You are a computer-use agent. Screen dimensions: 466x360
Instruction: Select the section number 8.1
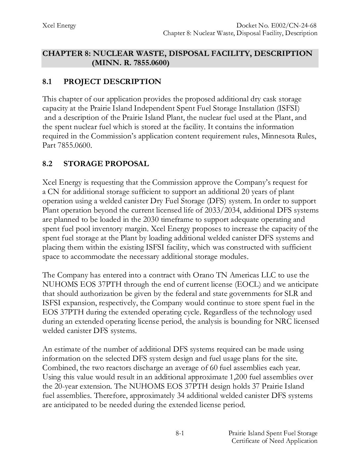point(47,81)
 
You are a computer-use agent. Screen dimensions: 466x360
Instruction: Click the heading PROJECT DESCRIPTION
point(112,81)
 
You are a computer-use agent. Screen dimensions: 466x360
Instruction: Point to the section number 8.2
point(47,163)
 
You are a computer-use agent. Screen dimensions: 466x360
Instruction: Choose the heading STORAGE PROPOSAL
point(106,163)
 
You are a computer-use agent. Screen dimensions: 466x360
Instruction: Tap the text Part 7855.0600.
point(67,145)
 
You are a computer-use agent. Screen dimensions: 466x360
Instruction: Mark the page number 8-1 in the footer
point(180,433)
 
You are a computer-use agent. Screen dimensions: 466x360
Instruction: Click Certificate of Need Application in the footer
point(274,441)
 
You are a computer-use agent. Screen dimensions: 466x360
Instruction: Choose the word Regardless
point(225,312)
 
